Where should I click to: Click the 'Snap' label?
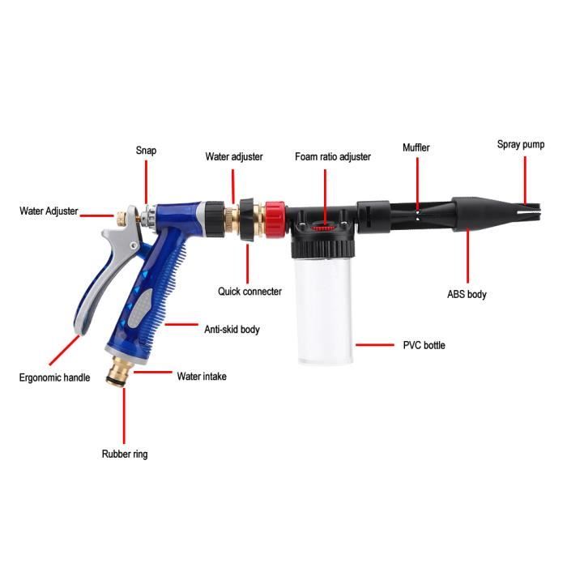146,150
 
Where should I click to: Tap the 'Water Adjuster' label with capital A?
49,211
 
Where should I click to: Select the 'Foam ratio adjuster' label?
332,156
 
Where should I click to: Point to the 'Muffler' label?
416,148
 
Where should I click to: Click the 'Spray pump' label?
521,145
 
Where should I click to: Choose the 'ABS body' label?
467,295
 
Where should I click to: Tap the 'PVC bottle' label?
424,345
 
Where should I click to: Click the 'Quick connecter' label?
249,292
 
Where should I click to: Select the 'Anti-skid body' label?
232,330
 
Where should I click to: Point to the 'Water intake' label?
202,376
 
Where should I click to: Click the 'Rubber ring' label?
125,454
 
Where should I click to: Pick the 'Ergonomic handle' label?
55,377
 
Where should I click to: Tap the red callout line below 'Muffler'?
417,182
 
